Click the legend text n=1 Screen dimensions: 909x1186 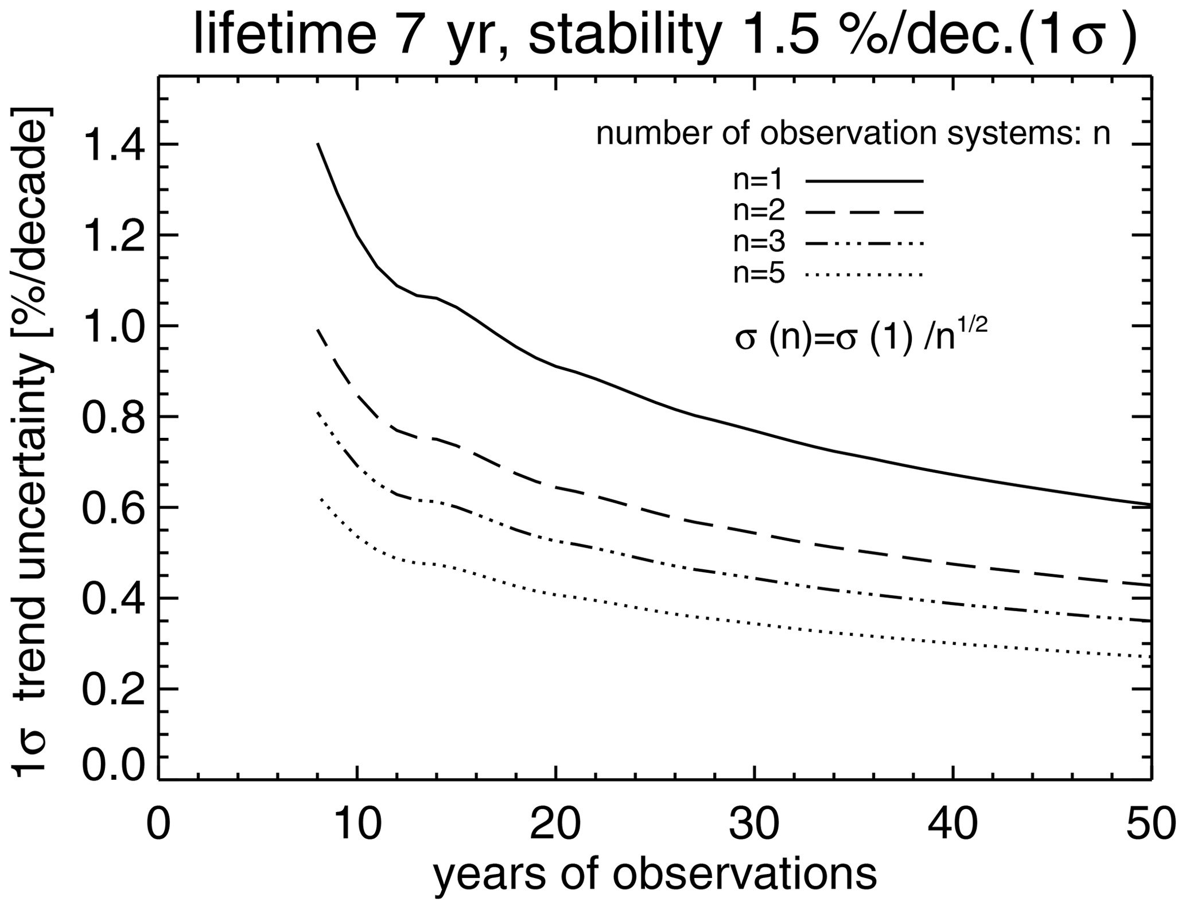pyautogui.click(x=759, y=181)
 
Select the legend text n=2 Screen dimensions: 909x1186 pyautogui.click(x=759, y=212)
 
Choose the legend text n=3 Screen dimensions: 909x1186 pyautogui.click(x=759, y=243)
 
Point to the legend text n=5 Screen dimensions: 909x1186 pyautogui.click(x=759, y=275)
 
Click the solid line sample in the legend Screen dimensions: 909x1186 pyautogui.click(x=865, y=181)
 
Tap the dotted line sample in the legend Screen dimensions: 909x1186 pyautogui.click(x=865, y=276)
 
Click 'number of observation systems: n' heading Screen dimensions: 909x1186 pyautogui.click(x=853, y=134)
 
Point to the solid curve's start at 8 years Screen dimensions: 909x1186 pyautogui.click(x=318, y=144)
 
